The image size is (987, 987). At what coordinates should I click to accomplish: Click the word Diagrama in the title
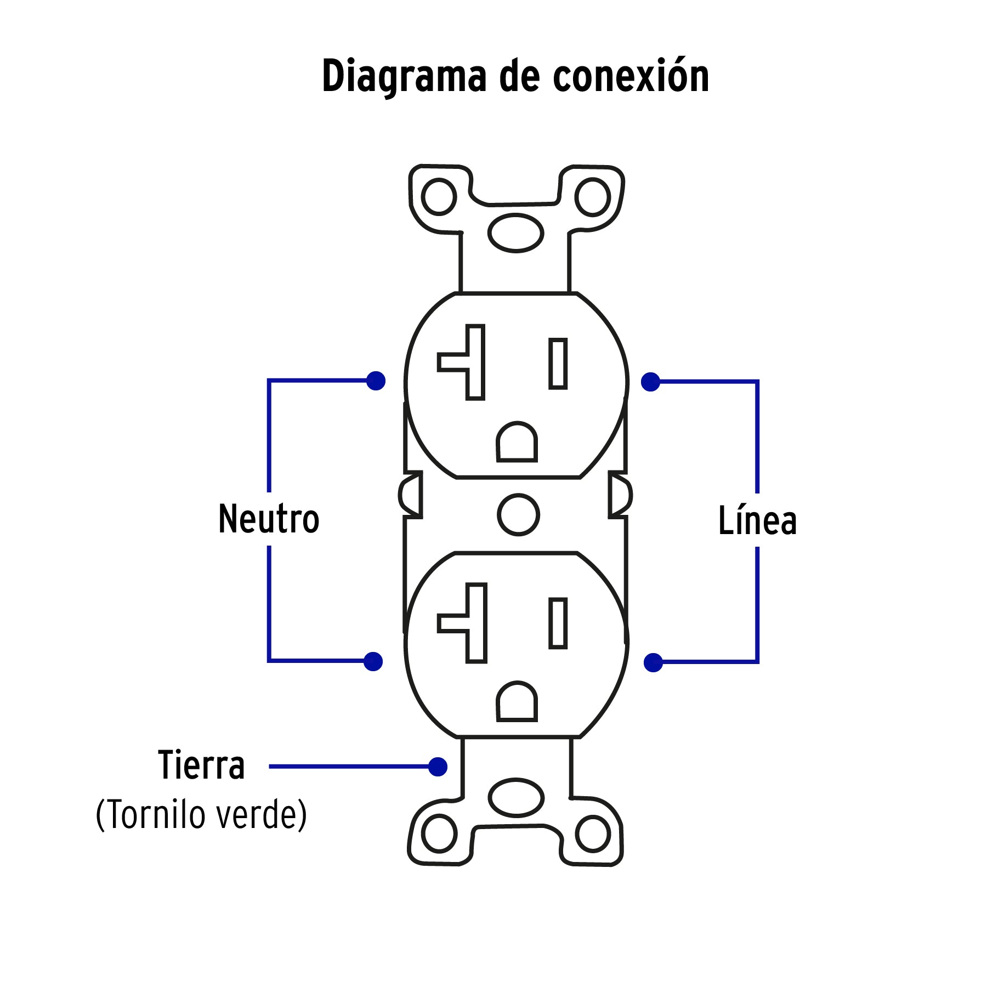[x=404, y=77]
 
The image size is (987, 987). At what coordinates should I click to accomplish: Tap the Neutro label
[x=269, y=519]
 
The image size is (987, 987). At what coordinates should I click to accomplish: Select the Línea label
[x=757, y=520]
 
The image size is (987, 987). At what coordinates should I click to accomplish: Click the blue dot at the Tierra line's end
[x=438, y=767]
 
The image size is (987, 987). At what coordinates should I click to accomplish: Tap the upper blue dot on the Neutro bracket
[x=376, y=381]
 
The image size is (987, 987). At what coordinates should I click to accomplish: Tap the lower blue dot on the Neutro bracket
[x=373, y=661]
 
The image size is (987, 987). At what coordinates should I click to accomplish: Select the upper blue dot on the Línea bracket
[x=651, y=382]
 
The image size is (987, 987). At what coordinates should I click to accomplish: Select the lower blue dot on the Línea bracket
[x=653, y=662]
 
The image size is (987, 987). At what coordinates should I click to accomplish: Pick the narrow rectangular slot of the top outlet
[x=558, y=364]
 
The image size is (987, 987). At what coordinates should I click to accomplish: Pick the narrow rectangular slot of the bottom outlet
[x=558, y=623]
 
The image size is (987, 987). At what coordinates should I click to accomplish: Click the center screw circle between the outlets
[x=518, y=514]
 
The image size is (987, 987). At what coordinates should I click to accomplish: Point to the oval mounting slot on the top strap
[x=515, y=232]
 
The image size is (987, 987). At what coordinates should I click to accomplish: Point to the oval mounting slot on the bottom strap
[x=516, y=797]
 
